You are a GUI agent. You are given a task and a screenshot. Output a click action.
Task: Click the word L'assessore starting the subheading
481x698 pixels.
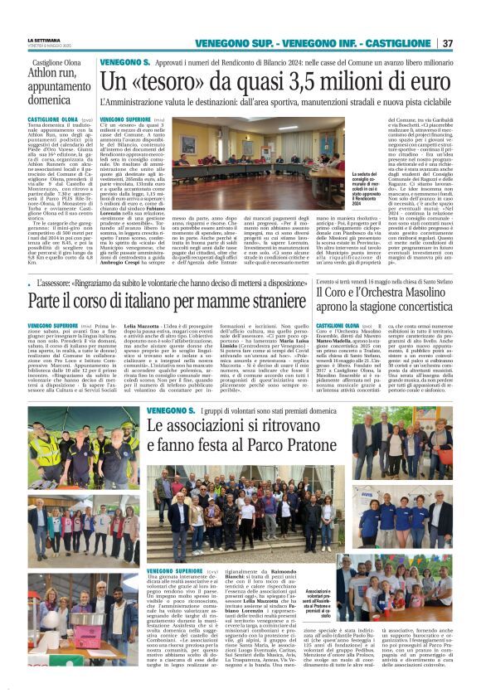coord(47,284)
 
